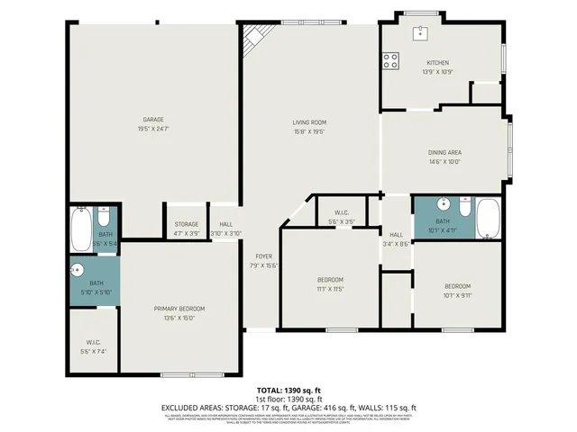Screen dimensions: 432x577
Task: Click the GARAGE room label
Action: coord(152,119)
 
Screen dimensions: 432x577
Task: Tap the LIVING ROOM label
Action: coord(308,121)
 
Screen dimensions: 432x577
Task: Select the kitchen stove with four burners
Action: coord(392,61)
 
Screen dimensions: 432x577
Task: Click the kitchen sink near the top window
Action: coord(420,34)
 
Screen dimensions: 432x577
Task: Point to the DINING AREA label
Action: coord(444,152)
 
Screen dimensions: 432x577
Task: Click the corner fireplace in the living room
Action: coord(256,39)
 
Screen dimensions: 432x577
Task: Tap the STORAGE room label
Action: coord(187,224)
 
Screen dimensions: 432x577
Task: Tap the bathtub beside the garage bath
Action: coord(79,229)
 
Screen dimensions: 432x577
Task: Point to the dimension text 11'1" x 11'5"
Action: coord(330,291)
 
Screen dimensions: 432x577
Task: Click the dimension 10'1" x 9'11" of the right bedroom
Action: coord(456,294)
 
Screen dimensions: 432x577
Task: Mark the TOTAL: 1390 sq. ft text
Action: coord(288,391)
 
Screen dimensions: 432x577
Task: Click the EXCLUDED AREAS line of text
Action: coord(288,408)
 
